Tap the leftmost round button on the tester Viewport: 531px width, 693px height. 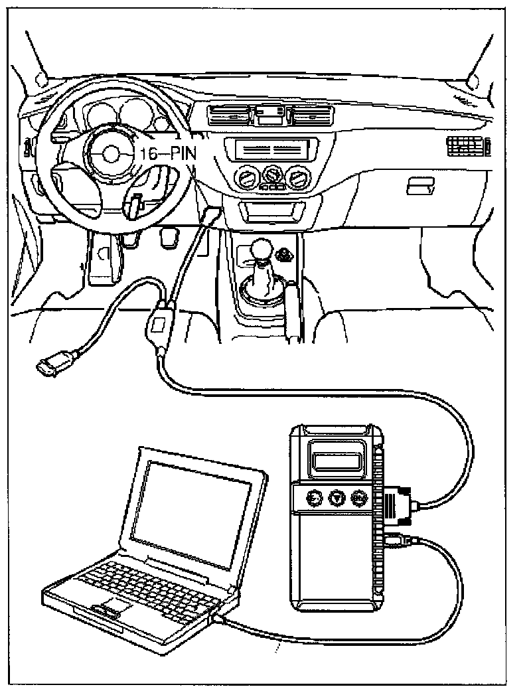[314, 497]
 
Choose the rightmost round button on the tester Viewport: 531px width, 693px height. [360, 497]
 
